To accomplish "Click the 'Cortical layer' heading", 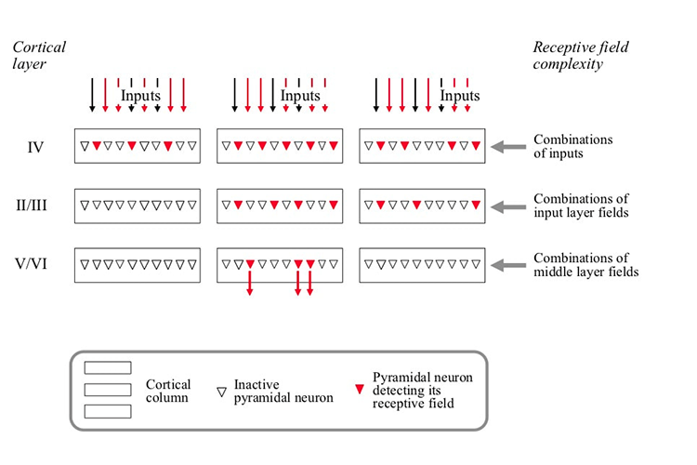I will [x=38, y=55].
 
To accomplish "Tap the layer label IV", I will [x=35, y=146].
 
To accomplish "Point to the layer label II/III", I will [x=35, y=205].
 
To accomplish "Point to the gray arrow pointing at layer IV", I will [x=511, y=146].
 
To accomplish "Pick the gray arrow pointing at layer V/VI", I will [x=511, y=265].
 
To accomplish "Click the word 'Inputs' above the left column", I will [x=140, y=96].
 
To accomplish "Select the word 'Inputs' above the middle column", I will [x=300, y=96].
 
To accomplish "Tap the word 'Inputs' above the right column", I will [x=460, y=96].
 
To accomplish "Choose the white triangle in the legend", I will [x=221, y=392].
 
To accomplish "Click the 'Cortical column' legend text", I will [x=168, y=392].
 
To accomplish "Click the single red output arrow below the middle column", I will [x=250, y=284].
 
